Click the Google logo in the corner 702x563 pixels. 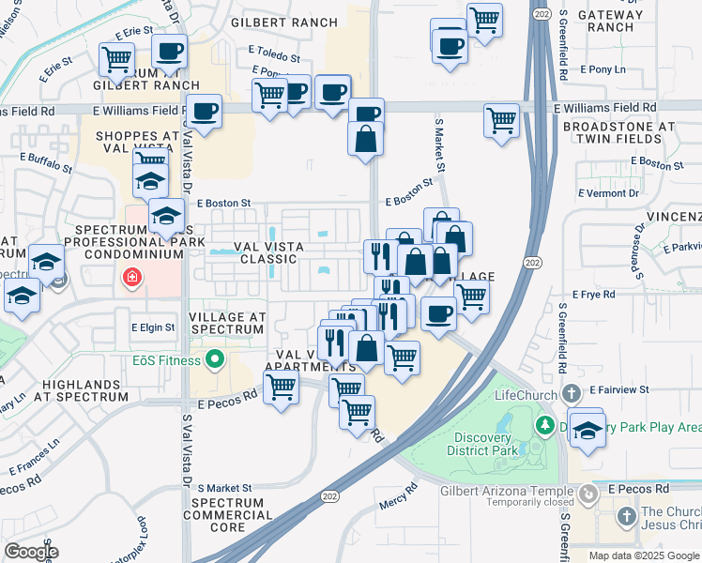(31, 552)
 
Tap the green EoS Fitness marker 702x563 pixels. (215, 359)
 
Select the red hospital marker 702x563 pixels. (132, 278)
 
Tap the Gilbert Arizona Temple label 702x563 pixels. (506, 491)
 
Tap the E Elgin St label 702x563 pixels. (153, 327)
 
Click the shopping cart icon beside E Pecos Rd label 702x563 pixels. (281, 387)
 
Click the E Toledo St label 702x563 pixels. (273, 55)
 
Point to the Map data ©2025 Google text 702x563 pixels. (643, 555)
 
